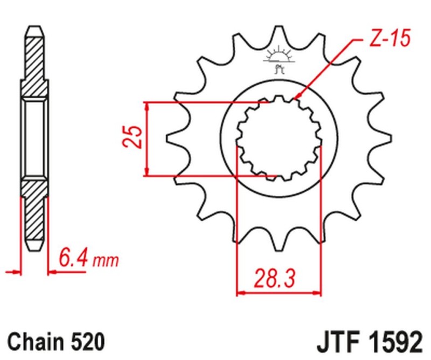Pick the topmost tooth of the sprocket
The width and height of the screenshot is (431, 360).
(280, 32)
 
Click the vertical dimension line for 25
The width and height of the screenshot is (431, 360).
(147, 138)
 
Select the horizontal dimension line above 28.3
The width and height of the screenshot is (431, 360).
(280, 293)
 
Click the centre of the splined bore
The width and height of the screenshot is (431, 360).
(280, 139)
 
